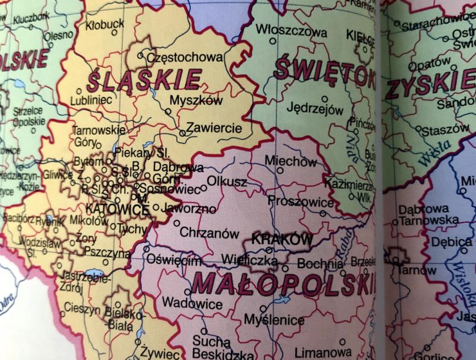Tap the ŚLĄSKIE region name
pos(143,80)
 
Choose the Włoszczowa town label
pos(291,30)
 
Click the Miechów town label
pos(291,161)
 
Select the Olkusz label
pos(226,182)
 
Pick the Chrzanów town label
pos(209,233)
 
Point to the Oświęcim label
pos(174,260)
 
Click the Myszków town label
pos(196,101)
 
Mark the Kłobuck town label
pos(105,24)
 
